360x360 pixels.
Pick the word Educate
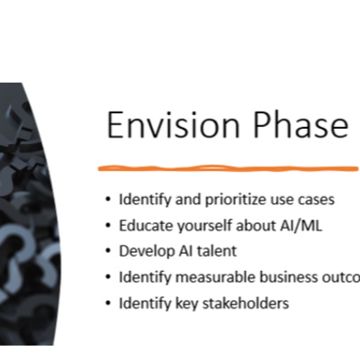coord(146,225)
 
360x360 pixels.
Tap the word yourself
coord(209,225)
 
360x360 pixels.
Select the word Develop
coord(146,251)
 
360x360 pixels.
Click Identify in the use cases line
coord(144,199)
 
